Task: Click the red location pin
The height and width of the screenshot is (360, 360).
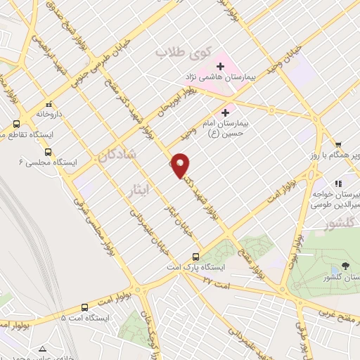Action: [181, 165]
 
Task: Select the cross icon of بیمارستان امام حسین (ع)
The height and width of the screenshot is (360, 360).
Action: [225, 111]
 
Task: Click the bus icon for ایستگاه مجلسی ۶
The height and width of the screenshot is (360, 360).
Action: [48, 152]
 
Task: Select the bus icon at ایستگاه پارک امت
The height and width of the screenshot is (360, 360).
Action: [196, 257]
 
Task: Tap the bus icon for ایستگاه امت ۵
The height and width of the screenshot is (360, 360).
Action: [85, 307]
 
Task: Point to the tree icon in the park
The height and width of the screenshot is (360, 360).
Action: [345, 266]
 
